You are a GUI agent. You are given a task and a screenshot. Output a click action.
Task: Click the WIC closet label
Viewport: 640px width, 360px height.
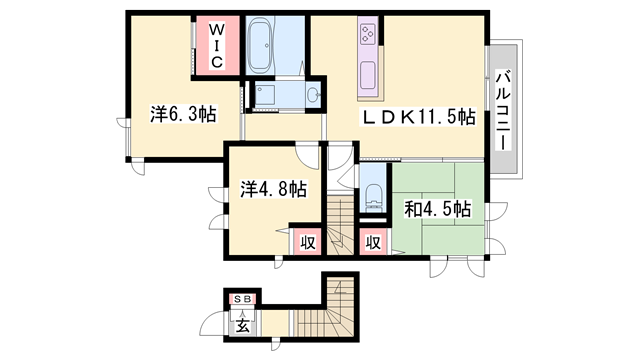216,46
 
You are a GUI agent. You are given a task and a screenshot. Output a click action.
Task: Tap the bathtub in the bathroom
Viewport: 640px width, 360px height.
262,47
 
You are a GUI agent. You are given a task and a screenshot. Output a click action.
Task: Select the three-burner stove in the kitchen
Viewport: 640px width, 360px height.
367,33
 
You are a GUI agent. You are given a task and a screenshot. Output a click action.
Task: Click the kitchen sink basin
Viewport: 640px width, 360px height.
368,76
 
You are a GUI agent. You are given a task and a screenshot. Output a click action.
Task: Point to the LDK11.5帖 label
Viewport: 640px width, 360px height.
419,117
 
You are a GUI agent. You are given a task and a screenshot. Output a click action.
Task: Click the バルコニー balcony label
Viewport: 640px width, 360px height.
503,110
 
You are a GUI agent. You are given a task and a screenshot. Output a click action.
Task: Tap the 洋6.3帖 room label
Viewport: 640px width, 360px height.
183,114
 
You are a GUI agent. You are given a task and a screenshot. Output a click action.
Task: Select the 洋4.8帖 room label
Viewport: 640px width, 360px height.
273,189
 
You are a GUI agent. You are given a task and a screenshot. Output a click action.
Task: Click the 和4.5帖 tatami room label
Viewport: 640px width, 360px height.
438,209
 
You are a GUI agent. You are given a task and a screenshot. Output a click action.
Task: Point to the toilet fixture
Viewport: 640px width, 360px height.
373,198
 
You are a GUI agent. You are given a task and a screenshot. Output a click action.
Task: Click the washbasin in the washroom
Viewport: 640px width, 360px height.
314,95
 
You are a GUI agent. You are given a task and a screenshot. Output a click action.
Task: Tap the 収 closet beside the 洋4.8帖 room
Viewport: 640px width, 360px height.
308,243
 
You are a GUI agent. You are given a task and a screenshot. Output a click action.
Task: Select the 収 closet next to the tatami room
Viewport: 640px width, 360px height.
373,243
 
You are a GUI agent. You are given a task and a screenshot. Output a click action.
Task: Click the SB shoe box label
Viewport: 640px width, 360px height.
242,299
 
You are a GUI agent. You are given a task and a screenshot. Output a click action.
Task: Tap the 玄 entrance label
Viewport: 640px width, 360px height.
242,327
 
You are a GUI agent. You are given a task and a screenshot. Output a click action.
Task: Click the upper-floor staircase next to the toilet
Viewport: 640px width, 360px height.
340,225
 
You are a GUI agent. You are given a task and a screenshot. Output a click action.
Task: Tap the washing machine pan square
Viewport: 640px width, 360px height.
265,95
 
